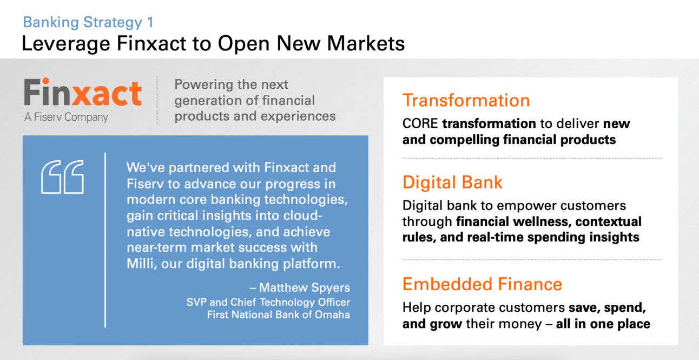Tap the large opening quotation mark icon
point(62,177)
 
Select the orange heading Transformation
point(466,100)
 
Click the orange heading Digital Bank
point(452,182)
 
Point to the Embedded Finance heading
point(482,284)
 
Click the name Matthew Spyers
point(305,287)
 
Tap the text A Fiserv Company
point(66,117)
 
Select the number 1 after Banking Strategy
point(150,22)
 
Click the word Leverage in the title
point(66,44)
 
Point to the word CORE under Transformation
point(420,123)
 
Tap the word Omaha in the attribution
point(332,315)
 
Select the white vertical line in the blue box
point(105,240)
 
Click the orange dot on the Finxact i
point(46,81)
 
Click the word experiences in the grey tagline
point(298,116)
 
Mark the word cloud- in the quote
point(302,216)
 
